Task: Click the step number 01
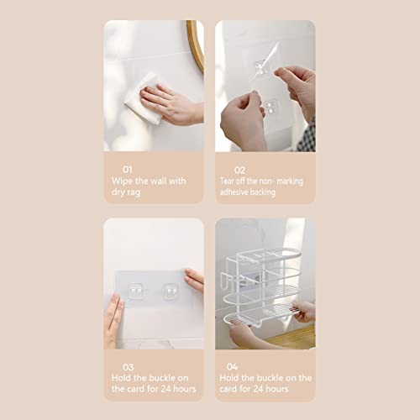pyautogui.click(x=128, y=170)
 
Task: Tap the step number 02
pyautogui.click(x=239, y=170)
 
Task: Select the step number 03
pyautogui.click(x=128, y=367)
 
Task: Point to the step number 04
pyautogui.click(x=232, y=366)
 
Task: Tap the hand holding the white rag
pyautogui.click(x=171, y=104)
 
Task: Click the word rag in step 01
pyautogui.click(x=134, y=193)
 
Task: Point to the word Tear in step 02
pyautogui.click(x=226, y=181)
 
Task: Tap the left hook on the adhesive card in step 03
pyautogui.click(x=136, y=291)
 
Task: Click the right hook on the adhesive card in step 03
pyautogui.click(x=171, y=291)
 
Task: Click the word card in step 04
pyautogui.click(x=228, y=389)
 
